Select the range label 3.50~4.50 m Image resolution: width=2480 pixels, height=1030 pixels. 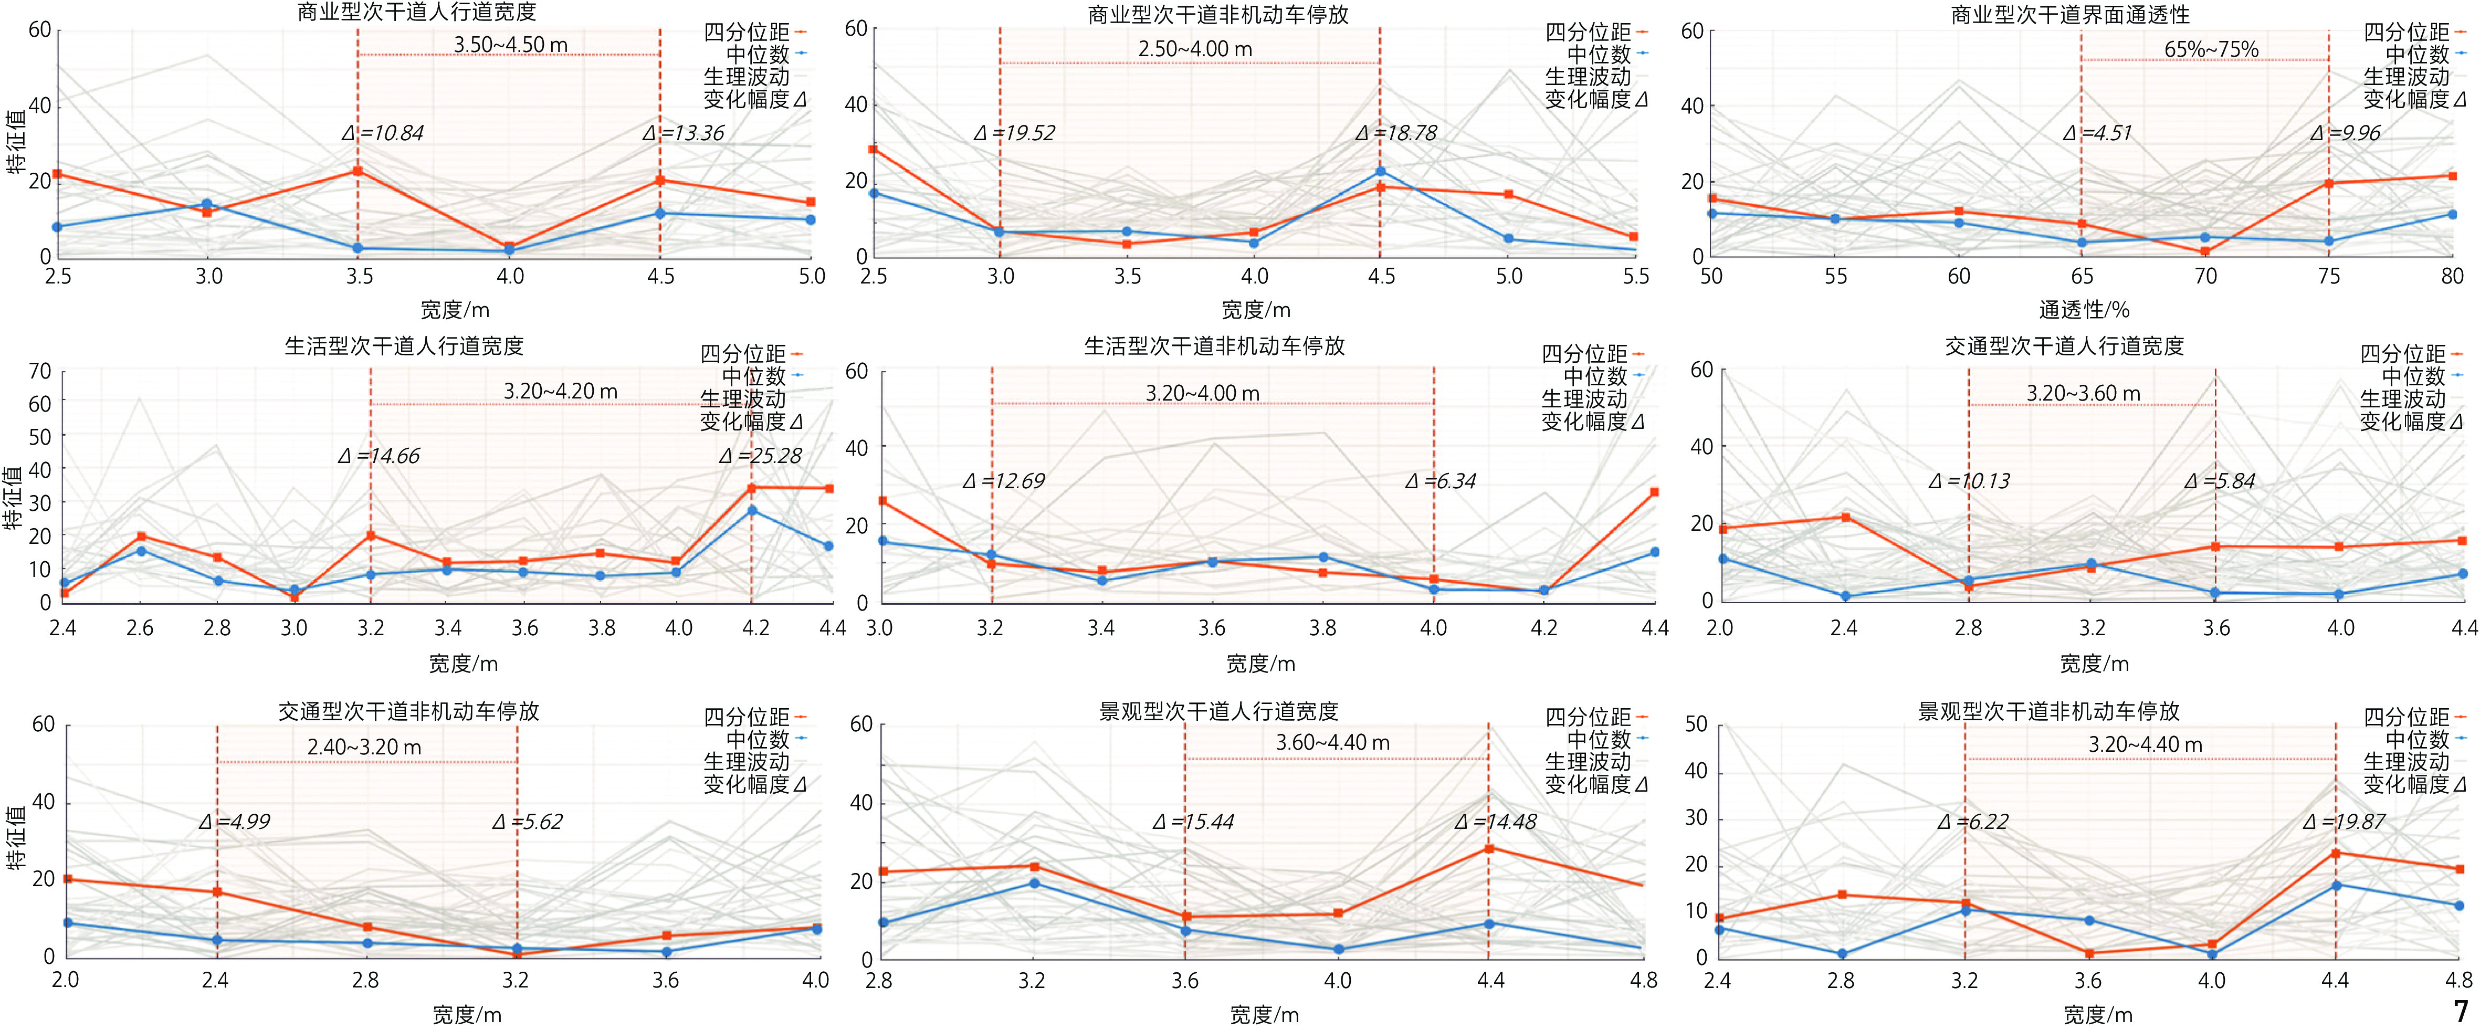coord(510,44)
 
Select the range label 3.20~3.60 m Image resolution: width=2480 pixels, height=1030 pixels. coord(2083,393)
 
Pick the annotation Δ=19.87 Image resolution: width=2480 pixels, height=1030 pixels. coord(2344,821)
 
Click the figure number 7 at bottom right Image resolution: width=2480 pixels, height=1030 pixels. coord(2461,1011)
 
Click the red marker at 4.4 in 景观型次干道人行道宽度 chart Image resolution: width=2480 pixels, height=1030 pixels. coord(1488,848)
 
